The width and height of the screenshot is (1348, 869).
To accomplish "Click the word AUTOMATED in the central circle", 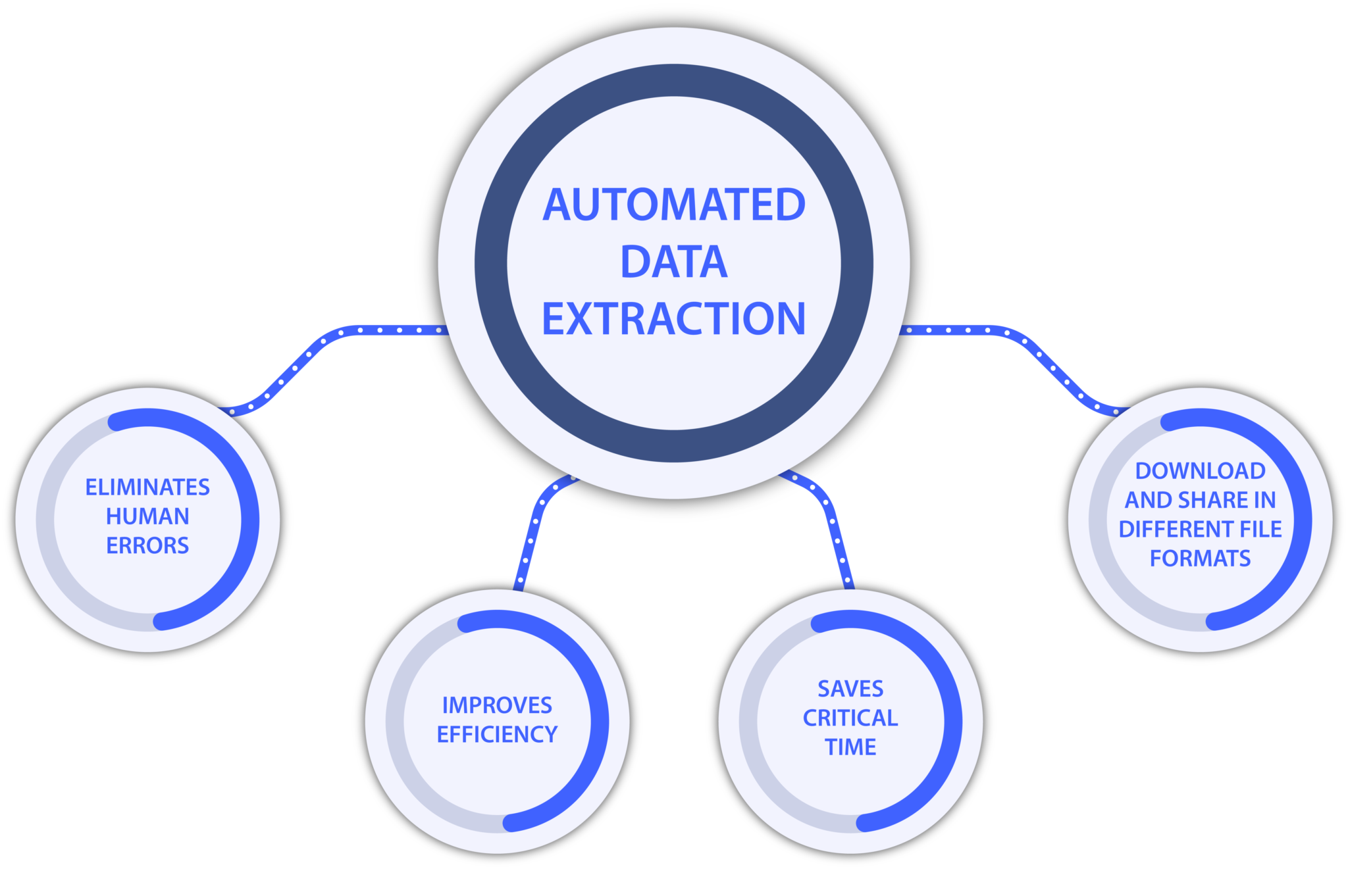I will tap(674, 205).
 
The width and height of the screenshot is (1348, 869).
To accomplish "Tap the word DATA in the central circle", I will tap(674, 262).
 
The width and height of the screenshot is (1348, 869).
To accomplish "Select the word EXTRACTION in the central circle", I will tap(674, 319).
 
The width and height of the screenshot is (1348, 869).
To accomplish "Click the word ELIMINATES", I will tap(147, 487).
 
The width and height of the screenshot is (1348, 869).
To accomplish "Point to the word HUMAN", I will tap(147, 516).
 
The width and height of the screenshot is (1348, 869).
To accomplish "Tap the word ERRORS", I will tap(147, 545).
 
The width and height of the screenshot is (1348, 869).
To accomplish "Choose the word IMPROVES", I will tap(497, 705).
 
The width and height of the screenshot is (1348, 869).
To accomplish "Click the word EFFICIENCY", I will tap(497, 734).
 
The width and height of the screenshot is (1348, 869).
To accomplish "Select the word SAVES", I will tap(850, 689).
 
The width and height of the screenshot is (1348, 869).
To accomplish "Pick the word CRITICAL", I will tap(850, 718).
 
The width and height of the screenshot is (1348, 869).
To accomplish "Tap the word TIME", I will tap(850, 747).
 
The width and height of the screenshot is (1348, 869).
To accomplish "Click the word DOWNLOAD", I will tap(1200, 471).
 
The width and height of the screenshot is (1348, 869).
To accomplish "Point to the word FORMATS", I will tap(1200, 559).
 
